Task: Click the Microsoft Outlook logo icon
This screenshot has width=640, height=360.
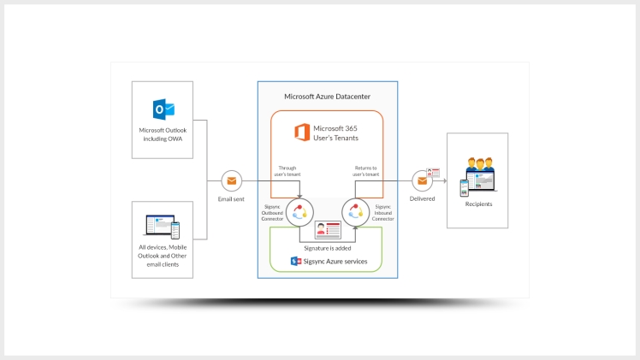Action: coord(163,109)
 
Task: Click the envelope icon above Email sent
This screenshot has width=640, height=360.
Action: coord(230,180)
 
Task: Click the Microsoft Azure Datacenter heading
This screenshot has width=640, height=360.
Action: coord(328,97)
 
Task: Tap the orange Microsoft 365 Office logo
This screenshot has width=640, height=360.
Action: coord(301,133)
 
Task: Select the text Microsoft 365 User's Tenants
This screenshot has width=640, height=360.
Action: coord(336,133)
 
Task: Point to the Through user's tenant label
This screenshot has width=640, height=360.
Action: coord(287,172)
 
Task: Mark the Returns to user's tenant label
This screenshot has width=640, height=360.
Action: coord(364,172)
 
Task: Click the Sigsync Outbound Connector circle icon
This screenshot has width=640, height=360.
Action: coord(300,211)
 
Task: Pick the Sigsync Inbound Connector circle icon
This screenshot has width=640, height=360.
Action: coord(354,211)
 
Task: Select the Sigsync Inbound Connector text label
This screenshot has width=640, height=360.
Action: coord(383,212)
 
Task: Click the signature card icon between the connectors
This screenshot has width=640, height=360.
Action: coord(328,229)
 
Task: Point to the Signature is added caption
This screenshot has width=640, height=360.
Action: coord(328,247)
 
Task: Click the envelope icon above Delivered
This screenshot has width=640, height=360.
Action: coord(421,180)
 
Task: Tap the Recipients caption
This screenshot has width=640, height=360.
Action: coord(478,204)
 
